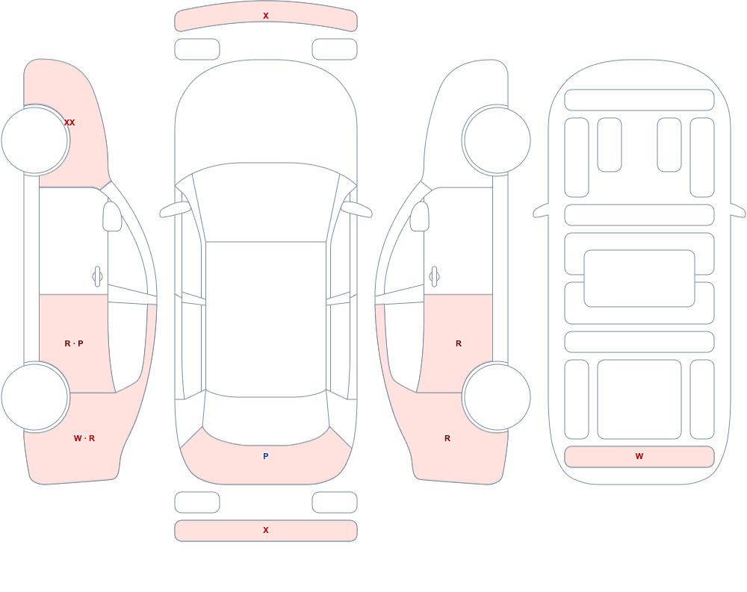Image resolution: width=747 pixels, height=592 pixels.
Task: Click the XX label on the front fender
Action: (x=69, y=122)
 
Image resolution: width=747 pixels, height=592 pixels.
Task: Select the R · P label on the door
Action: (x=74, y=343)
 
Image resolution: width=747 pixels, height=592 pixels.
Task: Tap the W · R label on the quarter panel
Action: (x=84, y=438)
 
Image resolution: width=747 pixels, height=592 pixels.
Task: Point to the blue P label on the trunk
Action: (x=266, y=456)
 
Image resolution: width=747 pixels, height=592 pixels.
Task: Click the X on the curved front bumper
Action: (x=266, y=16)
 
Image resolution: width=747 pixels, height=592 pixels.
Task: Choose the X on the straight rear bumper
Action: (x=266, y=530)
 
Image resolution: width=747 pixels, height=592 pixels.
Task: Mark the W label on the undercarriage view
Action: (x=639, y=456)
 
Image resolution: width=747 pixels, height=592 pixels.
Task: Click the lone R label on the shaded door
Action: (x=459, y=343)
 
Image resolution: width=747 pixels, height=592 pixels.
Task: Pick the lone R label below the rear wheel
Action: (x=447, y=438)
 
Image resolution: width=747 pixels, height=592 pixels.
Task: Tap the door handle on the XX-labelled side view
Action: (x=97, y=277)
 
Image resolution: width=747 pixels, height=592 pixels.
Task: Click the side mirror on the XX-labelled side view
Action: (x=112, y=216)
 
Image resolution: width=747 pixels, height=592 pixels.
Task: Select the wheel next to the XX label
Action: (x=35, y=140)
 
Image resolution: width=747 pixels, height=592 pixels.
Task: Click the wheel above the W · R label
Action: (x=35, y=396)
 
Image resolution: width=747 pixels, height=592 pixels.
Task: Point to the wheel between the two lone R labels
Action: (x=497, y=396)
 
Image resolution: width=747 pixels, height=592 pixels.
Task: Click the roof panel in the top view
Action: (x=266, y=318)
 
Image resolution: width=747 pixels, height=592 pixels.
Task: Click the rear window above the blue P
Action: (x=266, y=419)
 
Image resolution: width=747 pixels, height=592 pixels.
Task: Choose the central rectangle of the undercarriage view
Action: (x=639, y=278)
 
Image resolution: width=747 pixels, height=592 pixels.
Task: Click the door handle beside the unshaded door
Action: (x=434, y=277)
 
